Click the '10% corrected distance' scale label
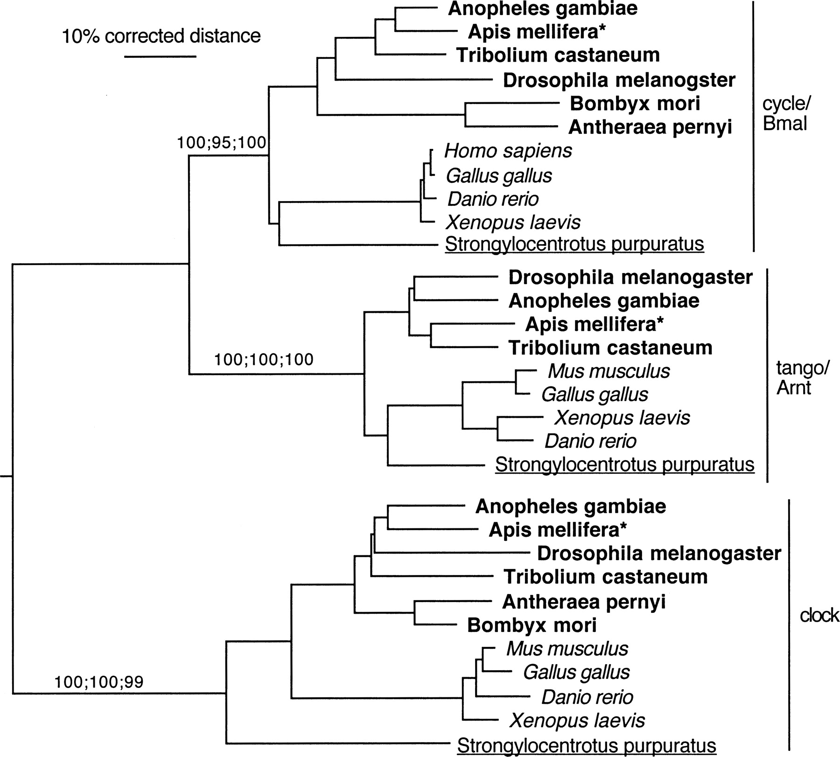[x=161, y=36]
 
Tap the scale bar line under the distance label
[x=161, y=57]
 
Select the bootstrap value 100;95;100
[x=221, y=142]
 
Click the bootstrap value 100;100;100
[x=264, y=359]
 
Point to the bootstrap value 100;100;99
[x=99, y=682]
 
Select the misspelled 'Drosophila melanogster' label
[x=619, y=80]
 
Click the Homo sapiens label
[x=508, y=151]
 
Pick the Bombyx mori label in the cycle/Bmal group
[x=635, y=103]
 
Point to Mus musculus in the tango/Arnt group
[x=609, y=371]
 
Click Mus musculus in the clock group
[x=567, y=648]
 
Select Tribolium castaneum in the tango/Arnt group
[x=610, y=348]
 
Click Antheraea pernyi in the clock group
[x=583, y=602]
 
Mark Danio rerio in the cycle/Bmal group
[x=493, y=199]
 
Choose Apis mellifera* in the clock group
[x=557, y=530]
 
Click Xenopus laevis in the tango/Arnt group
[x=622, y=417]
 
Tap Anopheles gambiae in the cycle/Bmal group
[x=542, y=9]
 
